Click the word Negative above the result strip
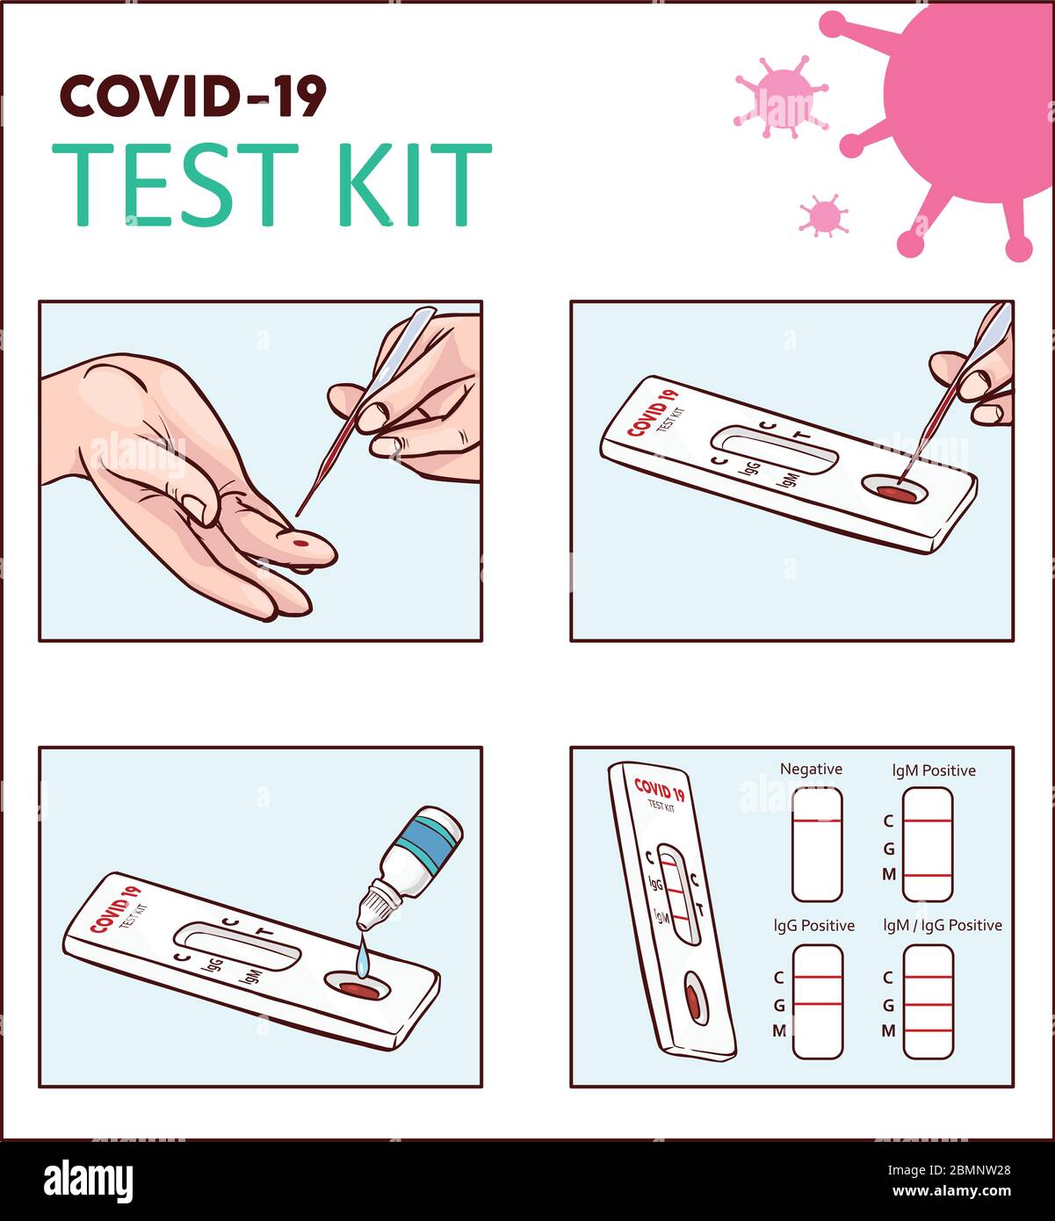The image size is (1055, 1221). point(811,769)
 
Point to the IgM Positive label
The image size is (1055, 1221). point(934,770)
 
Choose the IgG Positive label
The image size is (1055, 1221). point(814,925)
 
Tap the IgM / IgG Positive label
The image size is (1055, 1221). point(943,925)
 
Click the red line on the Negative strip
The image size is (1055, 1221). point(817,820)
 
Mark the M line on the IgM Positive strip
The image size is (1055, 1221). point(928,876)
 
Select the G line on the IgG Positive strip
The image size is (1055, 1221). point(818,1004)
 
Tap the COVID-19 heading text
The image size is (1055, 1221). point(193,96)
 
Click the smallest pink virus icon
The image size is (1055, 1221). point(824,215)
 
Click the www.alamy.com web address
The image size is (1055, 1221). point(951,1191)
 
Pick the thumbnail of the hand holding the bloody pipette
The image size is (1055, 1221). point(261,471)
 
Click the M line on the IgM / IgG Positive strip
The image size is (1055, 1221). point(928,1030)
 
